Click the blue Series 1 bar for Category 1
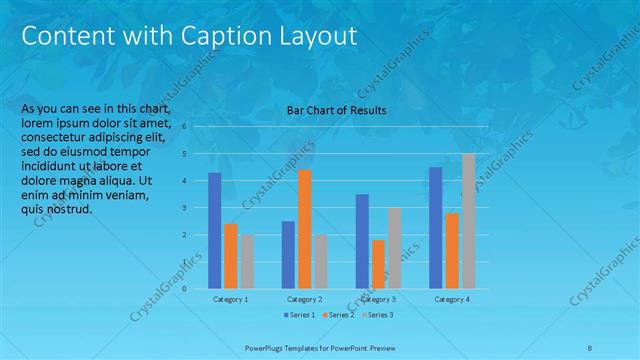click(214, 230)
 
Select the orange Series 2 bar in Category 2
click(304, 229)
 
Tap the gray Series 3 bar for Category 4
click(468, 221)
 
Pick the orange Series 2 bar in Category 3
click(378, 264)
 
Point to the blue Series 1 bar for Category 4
click(435, 227)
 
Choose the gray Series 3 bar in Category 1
click(246, 261)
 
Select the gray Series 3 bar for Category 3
click(395, 248)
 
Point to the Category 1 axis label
click(230, 299)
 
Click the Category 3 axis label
click(378, 299)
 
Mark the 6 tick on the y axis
click(184, 126)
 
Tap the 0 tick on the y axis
click(184, 289)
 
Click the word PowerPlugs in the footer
click(266, 347)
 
